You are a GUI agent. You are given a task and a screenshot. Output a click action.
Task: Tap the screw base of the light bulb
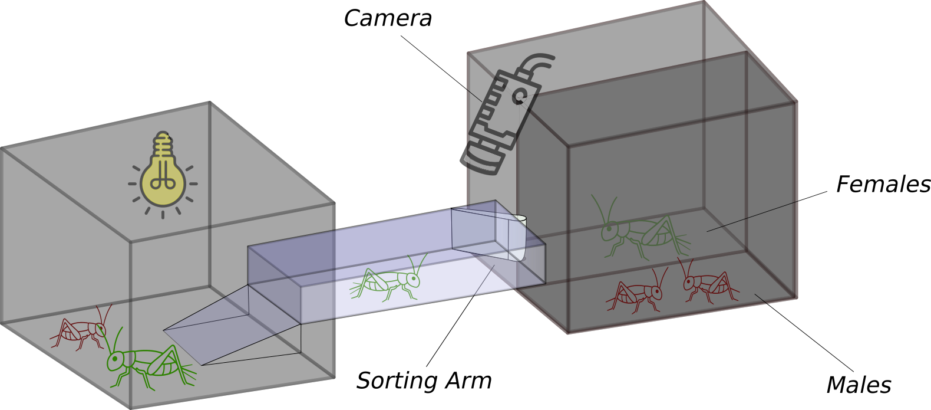163,145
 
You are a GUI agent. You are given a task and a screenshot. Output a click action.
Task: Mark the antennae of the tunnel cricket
420,263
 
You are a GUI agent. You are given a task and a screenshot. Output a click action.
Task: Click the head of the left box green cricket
115,359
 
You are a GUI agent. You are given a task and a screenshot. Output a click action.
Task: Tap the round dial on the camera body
520,95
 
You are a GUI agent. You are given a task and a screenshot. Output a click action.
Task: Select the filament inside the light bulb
163,177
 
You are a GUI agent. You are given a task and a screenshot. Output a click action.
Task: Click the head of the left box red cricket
101,329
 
